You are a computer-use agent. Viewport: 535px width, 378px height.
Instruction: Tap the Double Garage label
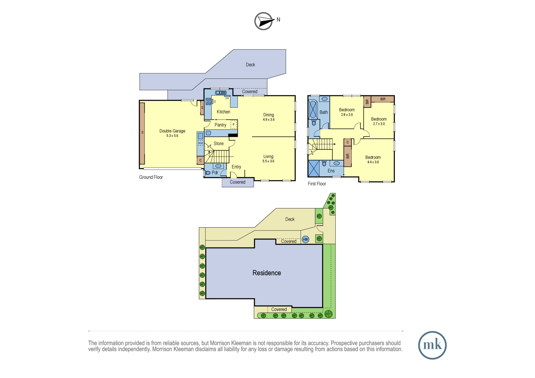pos(172,131)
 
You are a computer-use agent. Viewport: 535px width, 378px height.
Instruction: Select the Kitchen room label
pos(223,112)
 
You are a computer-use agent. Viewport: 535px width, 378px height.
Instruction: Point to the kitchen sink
pos(221,93)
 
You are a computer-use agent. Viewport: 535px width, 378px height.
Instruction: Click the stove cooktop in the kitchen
pos(208,101)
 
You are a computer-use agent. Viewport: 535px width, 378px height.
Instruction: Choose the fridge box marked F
pos(234,125)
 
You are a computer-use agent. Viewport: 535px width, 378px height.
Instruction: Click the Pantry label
pos(220,125)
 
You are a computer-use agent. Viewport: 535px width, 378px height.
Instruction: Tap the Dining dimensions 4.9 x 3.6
pos(269,119)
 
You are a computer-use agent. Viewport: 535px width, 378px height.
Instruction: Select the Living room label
pos(268,156)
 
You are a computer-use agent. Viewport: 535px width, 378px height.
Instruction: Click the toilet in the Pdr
pos(207,173)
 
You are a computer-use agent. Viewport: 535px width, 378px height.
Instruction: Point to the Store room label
pos(219,144)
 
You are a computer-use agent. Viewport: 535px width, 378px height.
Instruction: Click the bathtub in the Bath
pos(313,110)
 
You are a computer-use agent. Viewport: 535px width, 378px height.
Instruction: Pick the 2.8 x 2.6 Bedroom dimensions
pos(347,115)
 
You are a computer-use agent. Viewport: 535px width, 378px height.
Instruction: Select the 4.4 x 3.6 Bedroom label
pos(373,157)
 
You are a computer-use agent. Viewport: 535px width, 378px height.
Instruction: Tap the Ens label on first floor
pos(331,171)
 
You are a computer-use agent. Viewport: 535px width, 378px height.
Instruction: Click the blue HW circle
pos(305,239)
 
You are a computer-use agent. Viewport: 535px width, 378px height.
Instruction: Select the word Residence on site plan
pos(267,273)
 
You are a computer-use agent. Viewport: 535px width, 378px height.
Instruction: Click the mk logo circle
pos(432,345)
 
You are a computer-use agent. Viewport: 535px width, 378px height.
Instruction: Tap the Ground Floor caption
pos(151,177)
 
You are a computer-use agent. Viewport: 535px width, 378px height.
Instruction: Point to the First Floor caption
pos(317,184)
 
